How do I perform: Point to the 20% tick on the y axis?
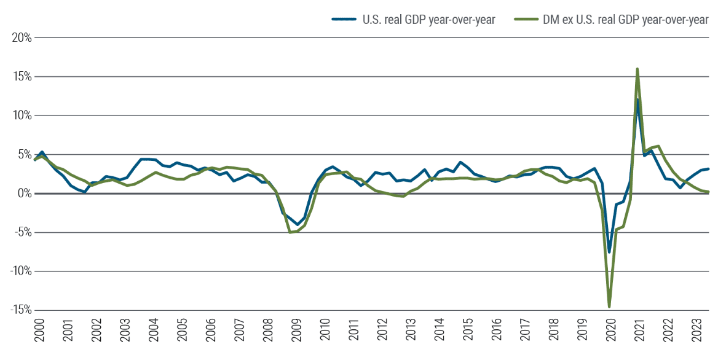tap(20, 38)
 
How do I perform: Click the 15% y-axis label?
tap(20, 77)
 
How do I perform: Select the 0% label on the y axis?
tap(23, 194)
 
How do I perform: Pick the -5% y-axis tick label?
tap(20, 232)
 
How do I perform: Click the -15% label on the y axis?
tap(18, 310)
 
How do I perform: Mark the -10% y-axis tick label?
tap(18, 272)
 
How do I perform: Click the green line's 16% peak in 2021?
tap(637, 69)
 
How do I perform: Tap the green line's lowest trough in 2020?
tap(609, 306)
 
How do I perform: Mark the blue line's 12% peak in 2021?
tap(637, 100)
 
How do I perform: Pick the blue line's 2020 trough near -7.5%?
tap(609, 252)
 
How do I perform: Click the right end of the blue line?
tap(709, 169)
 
